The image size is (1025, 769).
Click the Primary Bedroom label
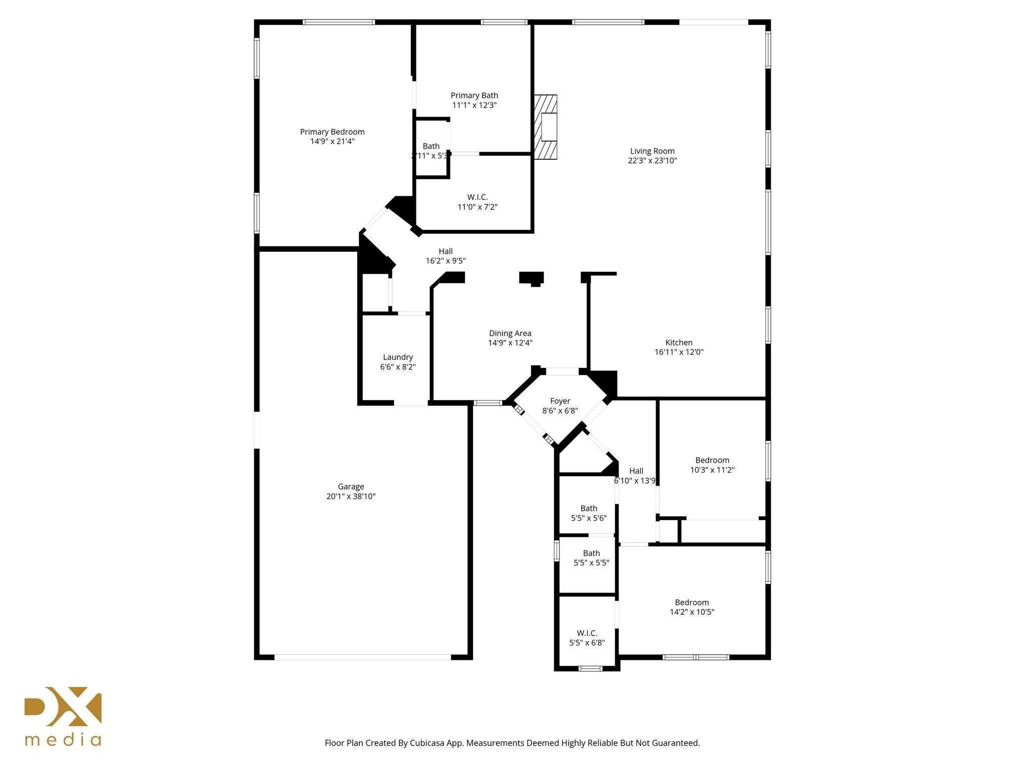tap(332, 132)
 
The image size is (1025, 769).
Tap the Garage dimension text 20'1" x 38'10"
tap(351, 497)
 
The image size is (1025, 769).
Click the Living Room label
tap(652, 151)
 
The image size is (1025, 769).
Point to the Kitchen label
tap(679, 342)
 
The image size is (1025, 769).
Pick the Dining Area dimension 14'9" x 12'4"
tap(510, 343)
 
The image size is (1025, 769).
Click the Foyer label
tap(560, 401)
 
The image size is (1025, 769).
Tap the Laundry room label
tap(398, 357)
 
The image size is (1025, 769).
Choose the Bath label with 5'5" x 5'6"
tap(589, 509)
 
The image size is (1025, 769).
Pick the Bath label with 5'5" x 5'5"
tap(591, 553)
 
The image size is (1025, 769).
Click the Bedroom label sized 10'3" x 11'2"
tap(712, 461)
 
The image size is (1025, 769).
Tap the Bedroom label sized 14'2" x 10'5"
tap(692, 603)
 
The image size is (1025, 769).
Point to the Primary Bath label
tap(474, 96)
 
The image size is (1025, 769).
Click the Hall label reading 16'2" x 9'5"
tap(445, 251)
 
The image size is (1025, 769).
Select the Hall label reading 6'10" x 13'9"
tap(636, 471)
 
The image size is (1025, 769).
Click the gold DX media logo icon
tap(63, 706)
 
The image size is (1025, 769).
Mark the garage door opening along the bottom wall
tap(363, 657)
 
